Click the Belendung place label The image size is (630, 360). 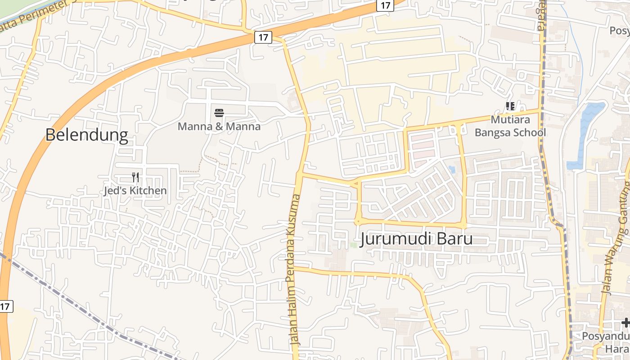tap(87, 135)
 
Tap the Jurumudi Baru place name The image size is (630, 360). tap(417, 238)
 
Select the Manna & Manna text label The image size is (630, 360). tap(219, 126)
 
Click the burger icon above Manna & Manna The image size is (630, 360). tap(219, 112)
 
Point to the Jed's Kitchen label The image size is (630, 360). tap(135, 191)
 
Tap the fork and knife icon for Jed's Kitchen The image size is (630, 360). tap(135, 177)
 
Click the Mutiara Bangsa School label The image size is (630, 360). tap(510, 126)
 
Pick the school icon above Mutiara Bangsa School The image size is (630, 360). tap(510, 106)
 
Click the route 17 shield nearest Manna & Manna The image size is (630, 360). tap(263, 37)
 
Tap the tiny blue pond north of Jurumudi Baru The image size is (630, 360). tap(452, 170)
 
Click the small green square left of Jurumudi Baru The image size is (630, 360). tap(354, 245)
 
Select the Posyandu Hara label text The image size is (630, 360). tap(605, 342)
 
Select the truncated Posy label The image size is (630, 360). tap(619, 31)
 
